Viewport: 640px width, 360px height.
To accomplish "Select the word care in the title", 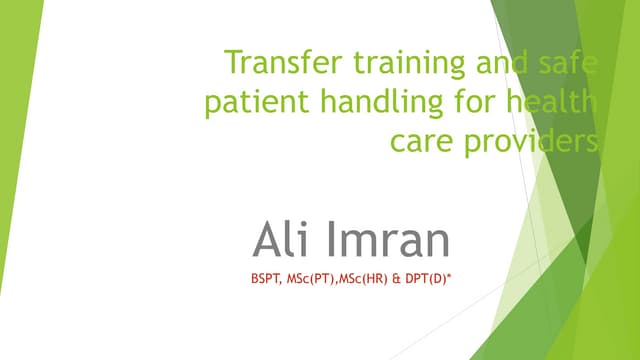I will (422, 142).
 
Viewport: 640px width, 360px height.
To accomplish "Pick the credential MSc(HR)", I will (370, 280).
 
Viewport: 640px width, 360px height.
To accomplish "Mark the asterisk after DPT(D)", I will (449, 277).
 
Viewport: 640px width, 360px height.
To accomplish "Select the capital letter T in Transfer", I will (234, 63).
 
